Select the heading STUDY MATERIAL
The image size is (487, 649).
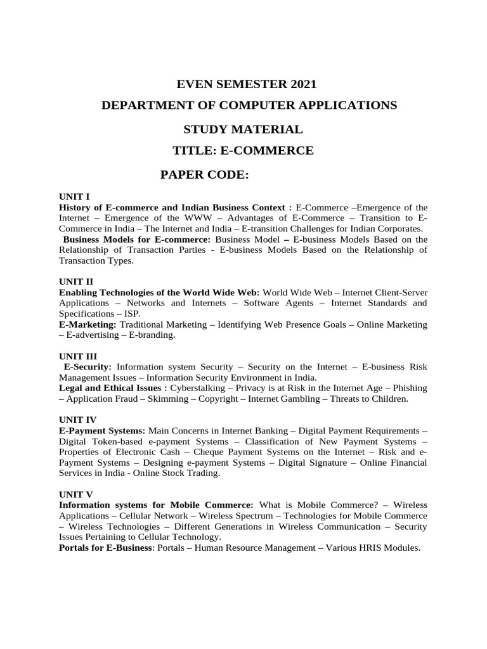[243, 130]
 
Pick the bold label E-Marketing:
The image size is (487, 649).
[88, 324]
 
